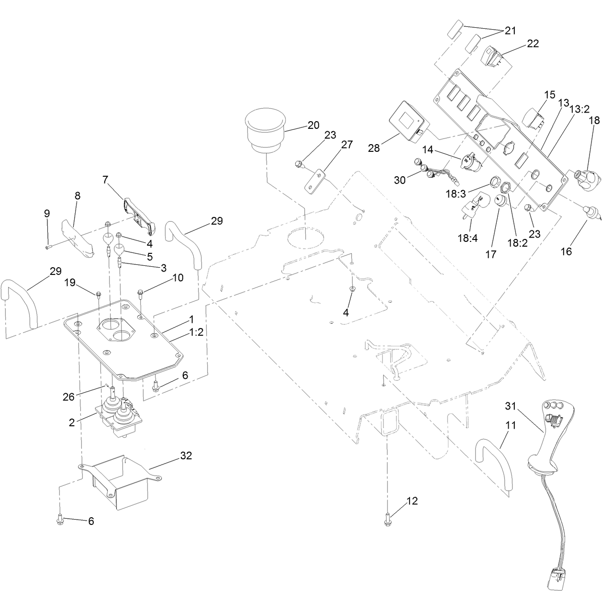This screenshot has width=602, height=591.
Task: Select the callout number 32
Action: coord(186,455)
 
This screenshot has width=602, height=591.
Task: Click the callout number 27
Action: coord(346,145)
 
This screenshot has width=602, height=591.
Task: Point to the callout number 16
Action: coord(566,251)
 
